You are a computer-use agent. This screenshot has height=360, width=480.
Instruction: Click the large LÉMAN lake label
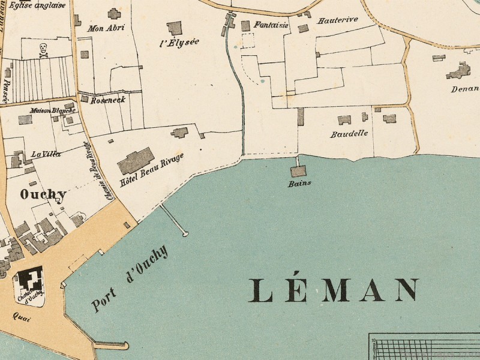tap(334, 290)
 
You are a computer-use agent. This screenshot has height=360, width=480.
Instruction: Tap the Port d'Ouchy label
tap(130, 280)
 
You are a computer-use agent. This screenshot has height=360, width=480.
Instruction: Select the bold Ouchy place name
tap(43, 194)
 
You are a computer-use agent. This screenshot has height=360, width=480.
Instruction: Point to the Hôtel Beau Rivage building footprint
tap(136, 160)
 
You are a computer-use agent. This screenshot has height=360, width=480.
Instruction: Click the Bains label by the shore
tap(299, 184)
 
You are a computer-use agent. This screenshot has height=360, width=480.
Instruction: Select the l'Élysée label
tap(179, 42)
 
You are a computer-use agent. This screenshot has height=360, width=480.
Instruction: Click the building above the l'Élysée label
tap(175, 28)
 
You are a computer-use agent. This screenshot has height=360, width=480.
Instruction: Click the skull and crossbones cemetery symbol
tap(43, 49)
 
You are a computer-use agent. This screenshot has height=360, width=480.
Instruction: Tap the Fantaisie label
tap(271, 25)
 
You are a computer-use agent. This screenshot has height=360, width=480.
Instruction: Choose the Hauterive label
tap(338, 19)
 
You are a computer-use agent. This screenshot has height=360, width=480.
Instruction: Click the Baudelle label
tap(349, 134)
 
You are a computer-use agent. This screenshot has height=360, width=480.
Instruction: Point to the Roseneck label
tap(108, 100)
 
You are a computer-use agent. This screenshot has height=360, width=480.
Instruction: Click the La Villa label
tap(46, 154)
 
